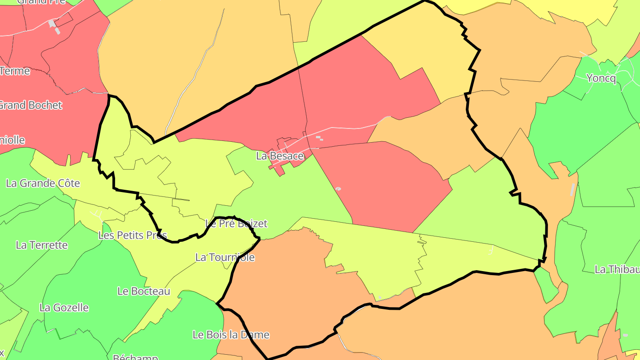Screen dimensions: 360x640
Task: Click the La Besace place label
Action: pyautogui.click(x=280, y=156)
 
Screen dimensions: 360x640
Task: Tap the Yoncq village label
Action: pyautogui.click(x=601, y=79)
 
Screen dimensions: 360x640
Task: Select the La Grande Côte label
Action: pyautogui.click(x=43, y=183)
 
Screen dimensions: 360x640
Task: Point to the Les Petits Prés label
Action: pyautogui.click(x=132, y=235)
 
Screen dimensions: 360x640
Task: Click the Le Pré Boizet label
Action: pyautogui.click(x=236, y=224)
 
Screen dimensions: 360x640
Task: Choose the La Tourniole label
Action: pyautogui.click(x=225, y=257)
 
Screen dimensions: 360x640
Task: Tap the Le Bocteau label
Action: pyautogui.click(x=144, y=291)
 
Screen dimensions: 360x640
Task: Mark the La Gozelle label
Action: pyautogui.click(x=64, y=308)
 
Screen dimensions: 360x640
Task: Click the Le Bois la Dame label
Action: pyautogui.click(x=231, y=335)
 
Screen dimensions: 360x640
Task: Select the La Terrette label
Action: pyautogui.click(x=42, y=245)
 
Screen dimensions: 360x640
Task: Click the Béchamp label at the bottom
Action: pyautogui.click(x=135, y=357)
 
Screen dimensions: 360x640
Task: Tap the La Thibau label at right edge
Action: pyautogui.click(x=617, y=269)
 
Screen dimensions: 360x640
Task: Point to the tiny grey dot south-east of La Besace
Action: pyautogui.click(x=338, y=189)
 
